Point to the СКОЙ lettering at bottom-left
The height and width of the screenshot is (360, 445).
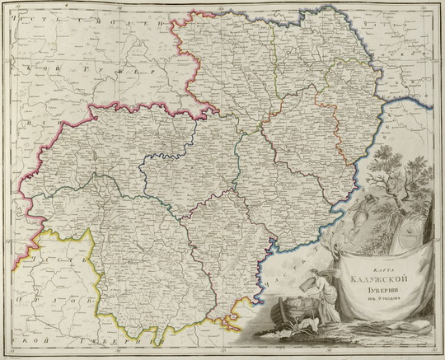[x=25, y=339]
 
